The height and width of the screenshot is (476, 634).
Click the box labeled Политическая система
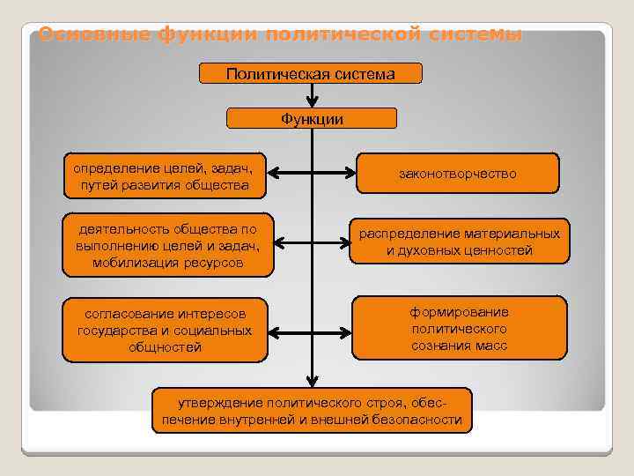311,73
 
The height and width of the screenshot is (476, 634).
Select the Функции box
312,118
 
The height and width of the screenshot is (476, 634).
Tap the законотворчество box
457,174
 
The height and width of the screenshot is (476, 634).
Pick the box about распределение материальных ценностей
459,242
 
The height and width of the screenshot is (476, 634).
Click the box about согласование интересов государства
165,330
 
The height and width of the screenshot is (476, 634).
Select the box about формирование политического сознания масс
459,328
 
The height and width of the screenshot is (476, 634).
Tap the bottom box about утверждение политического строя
312,411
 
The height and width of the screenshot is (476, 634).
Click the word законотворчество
457,174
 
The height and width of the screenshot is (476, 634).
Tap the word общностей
165,347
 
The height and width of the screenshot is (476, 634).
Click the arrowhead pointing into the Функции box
312,102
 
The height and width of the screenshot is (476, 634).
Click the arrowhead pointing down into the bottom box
312,382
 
